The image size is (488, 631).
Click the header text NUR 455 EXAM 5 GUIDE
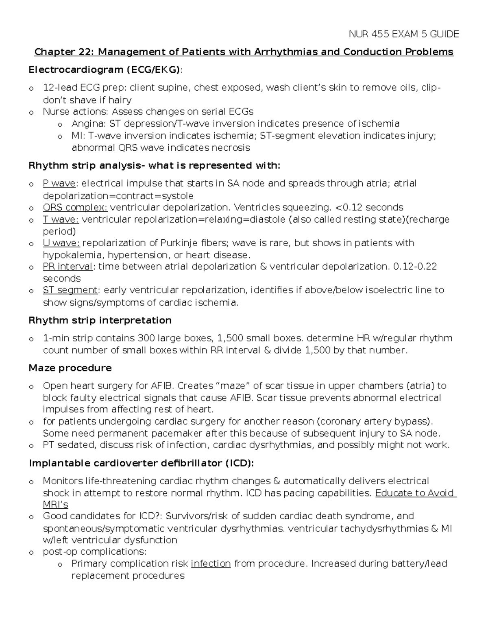pos(403,34)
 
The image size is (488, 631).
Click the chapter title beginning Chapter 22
pos(244,52)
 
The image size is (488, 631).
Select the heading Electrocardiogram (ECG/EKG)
pos(105,70)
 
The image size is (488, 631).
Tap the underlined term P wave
pos(59,184)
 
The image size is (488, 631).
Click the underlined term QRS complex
pos(75,208)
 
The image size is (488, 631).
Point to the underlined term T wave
pos(61,219)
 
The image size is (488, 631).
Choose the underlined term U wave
pos(61,243)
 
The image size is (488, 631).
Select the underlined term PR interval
pos(68,267)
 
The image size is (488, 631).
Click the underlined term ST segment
pos(70,290)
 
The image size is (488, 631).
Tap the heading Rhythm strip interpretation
pos(100,321)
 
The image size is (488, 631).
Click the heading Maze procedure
pos(70,368)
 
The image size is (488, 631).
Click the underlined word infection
pos(211,564)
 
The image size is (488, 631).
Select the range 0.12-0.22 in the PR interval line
pos(415,267)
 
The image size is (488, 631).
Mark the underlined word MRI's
pos(55,505)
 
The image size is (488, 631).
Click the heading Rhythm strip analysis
pos(154,166)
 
